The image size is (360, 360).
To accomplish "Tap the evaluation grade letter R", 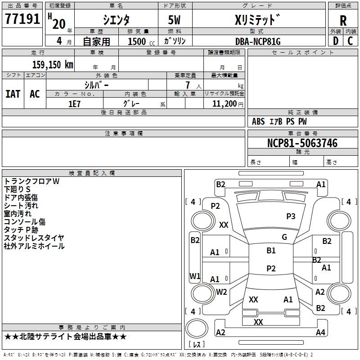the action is point(343,21).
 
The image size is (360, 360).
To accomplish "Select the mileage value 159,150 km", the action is point(53,65).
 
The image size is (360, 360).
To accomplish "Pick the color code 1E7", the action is point(74,103).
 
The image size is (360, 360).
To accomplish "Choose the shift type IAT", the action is point(13,94).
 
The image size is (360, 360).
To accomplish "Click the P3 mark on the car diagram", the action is point(291,216).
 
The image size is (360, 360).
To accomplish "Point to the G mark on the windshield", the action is point(284,237).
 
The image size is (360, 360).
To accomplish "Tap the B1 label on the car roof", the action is point(271,251).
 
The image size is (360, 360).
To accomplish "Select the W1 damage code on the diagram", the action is point(195,276).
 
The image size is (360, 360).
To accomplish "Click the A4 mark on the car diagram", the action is point(320,333).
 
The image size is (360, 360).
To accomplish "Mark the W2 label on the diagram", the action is point(221,292).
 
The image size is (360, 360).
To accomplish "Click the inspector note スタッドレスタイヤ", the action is point(34,238).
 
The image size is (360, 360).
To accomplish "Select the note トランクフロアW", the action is point(31,181).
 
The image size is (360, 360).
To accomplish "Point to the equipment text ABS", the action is point(258,121).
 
